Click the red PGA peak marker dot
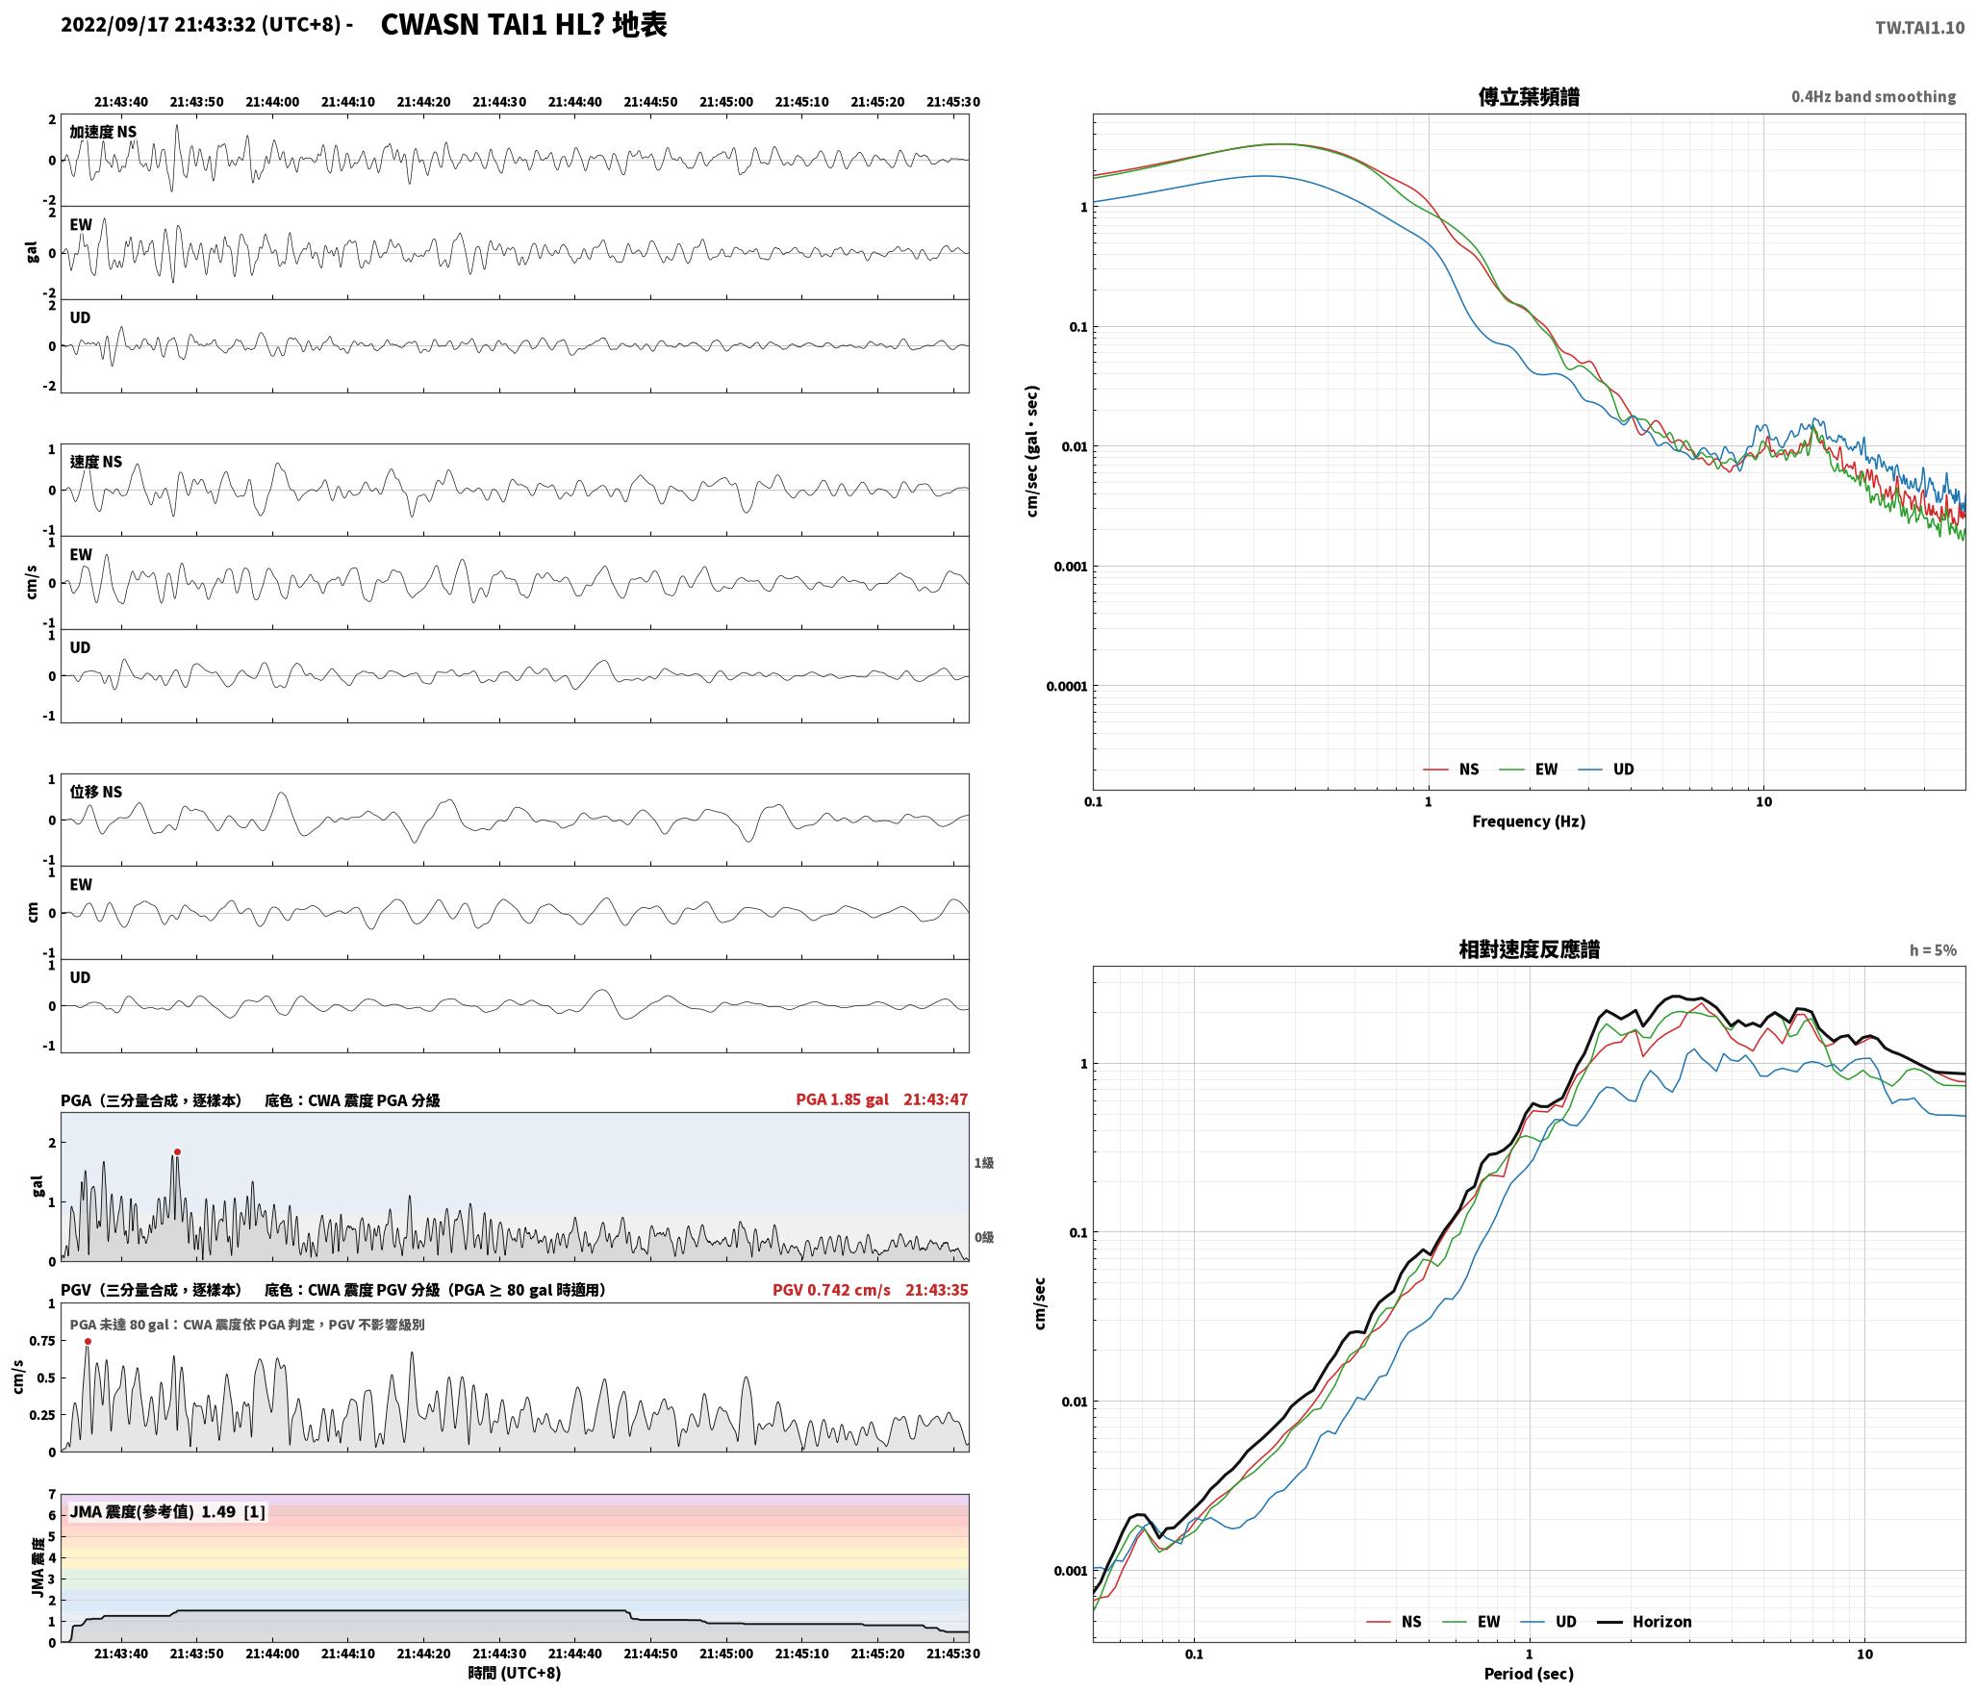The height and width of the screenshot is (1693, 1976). [x=177, y=1151]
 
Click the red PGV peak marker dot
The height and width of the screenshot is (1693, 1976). [x=88, y=1341]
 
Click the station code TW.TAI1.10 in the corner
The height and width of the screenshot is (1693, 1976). [x=1919, y=28]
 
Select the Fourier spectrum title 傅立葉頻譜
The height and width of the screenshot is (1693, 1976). [x=1529, y=96]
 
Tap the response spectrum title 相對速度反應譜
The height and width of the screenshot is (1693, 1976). [x=1529, y=949]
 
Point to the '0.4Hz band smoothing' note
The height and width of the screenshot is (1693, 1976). [x=1873, y=97]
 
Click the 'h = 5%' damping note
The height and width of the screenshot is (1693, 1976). [x=1933, y=950]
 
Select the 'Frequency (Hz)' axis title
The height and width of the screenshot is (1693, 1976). [x=1529, y=821]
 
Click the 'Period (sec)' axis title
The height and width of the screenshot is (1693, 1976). [x=1529, y=1673]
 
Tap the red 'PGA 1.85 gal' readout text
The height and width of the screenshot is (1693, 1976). [x=842, y=1099]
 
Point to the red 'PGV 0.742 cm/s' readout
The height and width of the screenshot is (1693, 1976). [x=831, y=1289]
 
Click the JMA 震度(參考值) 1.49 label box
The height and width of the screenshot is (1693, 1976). [x=167, y=1511]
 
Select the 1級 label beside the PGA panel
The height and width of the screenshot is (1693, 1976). [x=984, y=1163]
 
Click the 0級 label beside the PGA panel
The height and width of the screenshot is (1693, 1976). [x=984, y=1237]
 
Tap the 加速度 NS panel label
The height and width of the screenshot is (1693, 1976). [x=103, y=132]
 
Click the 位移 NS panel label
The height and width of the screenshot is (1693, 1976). [x=96, y=792]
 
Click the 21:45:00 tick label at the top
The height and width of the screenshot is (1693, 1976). [x=726, y=101]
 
